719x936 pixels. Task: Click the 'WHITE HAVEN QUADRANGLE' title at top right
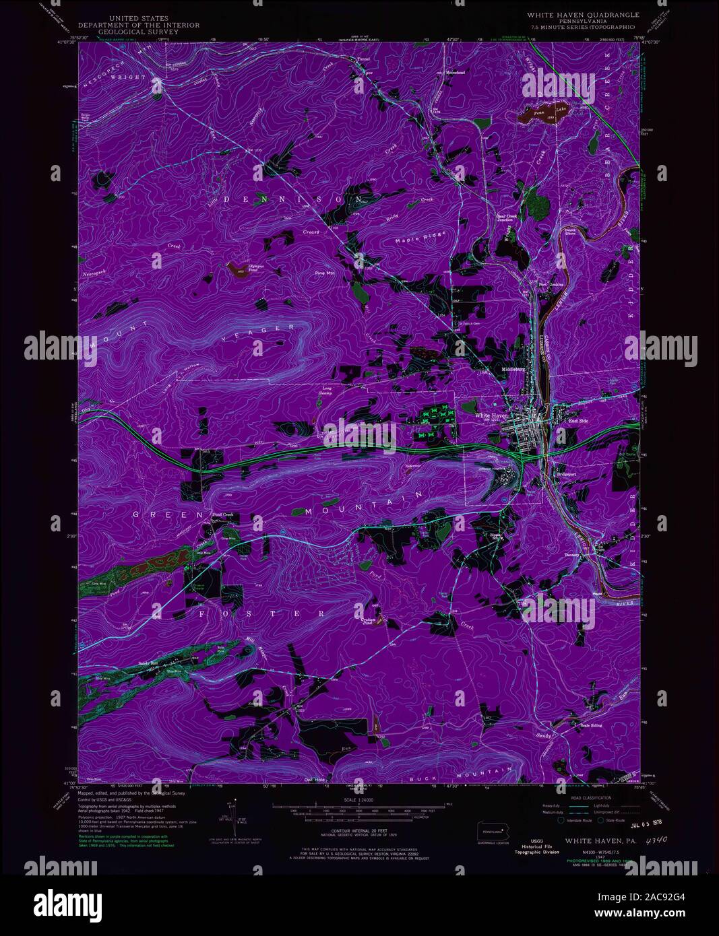click(x=584, y=14)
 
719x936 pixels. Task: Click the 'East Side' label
click(x=578, y=421)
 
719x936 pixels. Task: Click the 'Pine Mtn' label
click(x=325, y=273)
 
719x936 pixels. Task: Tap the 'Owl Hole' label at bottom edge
click(x=315, y=780)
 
